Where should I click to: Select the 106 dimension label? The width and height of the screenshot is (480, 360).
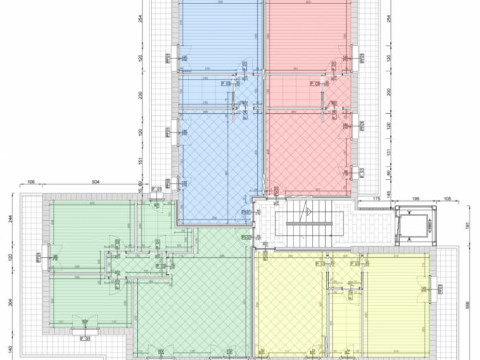pos(31,183)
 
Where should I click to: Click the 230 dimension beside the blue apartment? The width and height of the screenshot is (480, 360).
pos(140,97)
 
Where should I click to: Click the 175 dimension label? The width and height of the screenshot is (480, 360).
pos(376,199)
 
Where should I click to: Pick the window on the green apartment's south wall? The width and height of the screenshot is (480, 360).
pos(86,331)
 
